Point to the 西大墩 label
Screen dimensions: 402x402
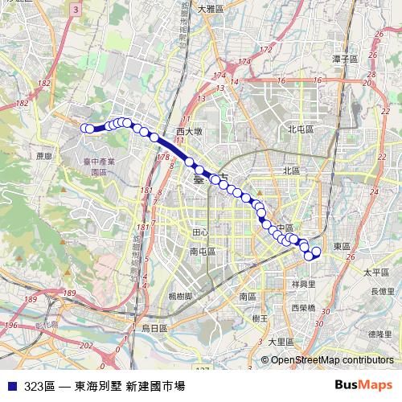(191, 130)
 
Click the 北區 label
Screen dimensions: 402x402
(291, 170)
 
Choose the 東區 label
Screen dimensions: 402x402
(342, 246)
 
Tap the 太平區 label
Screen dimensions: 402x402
(375, 273)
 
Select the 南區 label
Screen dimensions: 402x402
(247, 297)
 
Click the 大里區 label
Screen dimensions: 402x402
(281, 342)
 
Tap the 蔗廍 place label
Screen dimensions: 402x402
(43, 156)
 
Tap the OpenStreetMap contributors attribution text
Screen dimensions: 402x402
(332, 360)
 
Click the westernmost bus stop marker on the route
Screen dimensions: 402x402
(84, 128)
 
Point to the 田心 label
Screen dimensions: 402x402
(200, 232)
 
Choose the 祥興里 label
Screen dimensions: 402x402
(303, 284)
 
